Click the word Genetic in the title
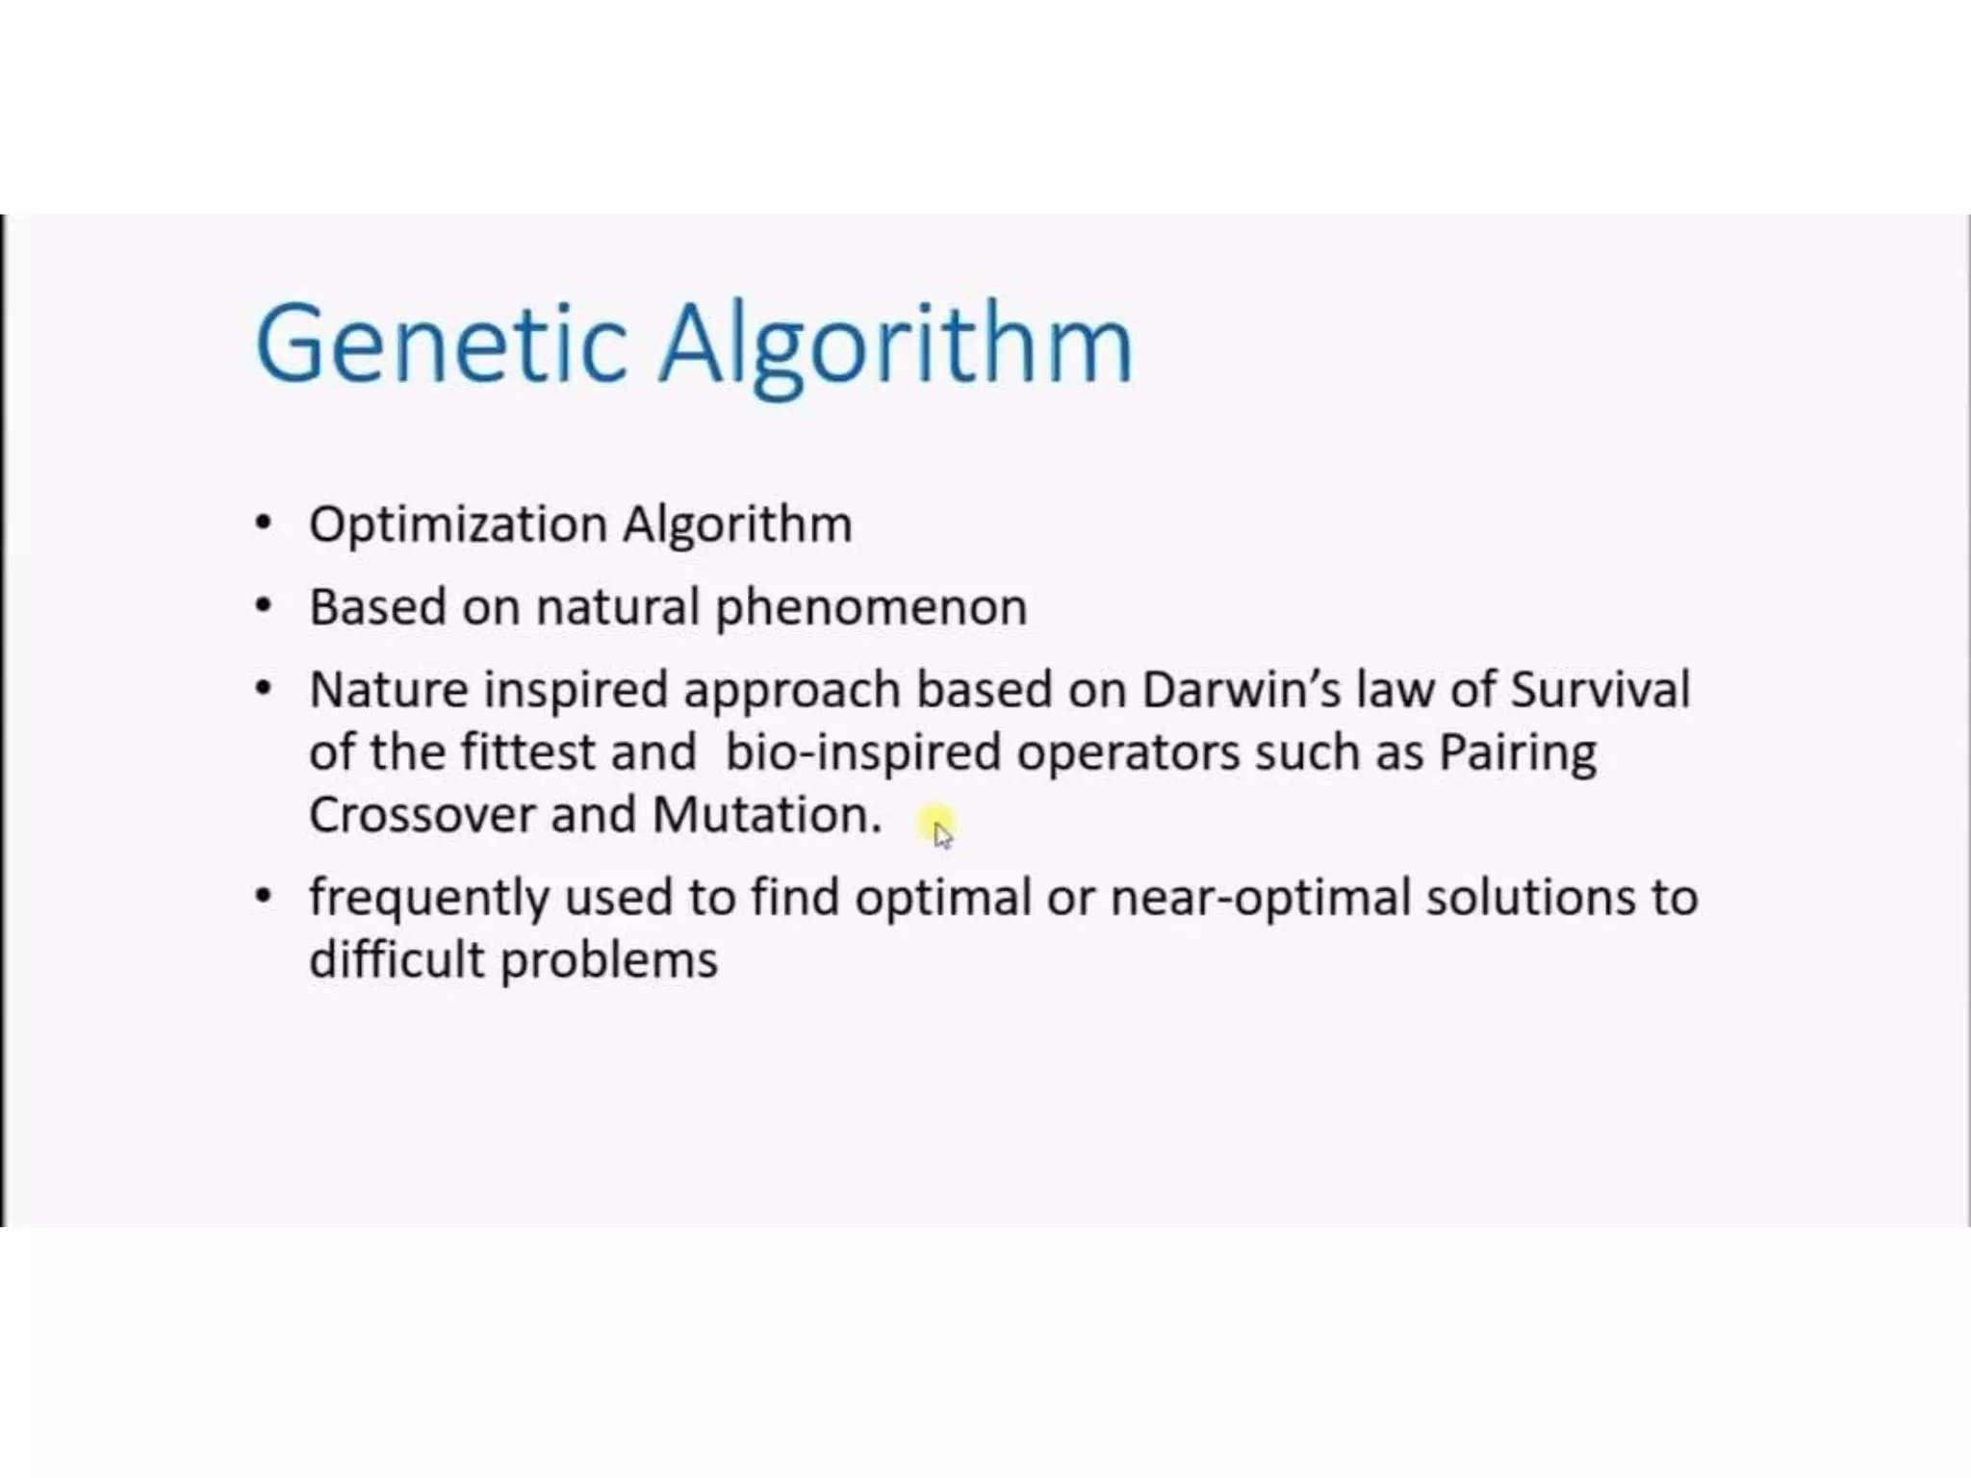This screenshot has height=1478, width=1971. point(442,344)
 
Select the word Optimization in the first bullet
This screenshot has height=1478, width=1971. point(458,525)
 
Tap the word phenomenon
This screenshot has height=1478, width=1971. point(871,608)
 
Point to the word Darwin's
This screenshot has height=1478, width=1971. point(1241,690)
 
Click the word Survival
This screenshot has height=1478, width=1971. point(1600,690)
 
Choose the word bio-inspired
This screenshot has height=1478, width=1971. point(863,752)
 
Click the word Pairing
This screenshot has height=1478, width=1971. point(1518,752)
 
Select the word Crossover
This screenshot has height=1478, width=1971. point(422,815)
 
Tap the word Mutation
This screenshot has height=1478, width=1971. point(766,815)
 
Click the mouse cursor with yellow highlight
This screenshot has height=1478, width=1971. point(939,829)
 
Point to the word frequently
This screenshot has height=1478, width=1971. point(428,899)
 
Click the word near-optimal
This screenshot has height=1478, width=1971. point(1260,899)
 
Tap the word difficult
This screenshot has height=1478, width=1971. point(396,959)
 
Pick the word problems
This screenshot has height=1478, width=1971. point(609,961)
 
